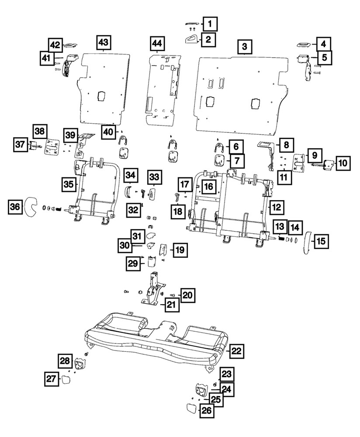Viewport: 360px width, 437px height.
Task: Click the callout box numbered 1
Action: click(x=210, y=23)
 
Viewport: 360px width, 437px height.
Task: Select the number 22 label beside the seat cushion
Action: click(x=236, y=351)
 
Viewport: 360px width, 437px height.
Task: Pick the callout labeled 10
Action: click(x=343, y=163)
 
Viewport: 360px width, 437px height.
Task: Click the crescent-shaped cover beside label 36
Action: click(x=31, y=207)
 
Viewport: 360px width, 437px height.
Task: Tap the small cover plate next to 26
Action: click(x=191, y=409)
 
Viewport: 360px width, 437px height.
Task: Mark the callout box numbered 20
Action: click(x=187, y=296)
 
